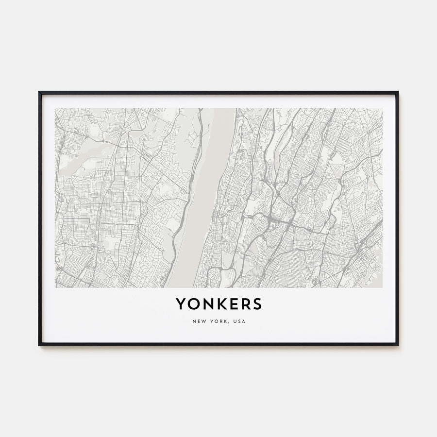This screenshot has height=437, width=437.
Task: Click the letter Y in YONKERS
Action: (180, 304)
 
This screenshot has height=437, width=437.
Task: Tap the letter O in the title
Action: (193, 304)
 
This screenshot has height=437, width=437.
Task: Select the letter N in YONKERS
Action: (207, 304)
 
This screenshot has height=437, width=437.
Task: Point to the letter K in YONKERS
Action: (220, 304)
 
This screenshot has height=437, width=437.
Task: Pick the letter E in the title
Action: (232, 304)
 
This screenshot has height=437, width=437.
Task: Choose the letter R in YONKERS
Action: (244, 304)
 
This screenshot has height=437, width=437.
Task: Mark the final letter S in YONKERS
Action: (256, 304)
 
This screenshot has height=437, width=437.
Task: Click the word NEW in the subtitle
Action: (199, 321)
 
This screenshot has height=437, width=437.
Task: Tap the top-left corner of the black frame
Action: (39, 92)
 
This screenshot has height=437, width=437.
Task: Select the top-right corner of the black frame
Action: (398, 92)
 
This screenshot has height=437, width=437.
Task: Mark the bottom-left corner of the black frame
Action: (39, 345)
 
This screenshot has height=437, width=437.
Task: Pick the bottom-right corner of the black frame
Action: (398, 345)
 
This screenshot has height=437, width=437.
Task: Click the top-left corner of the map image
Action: (55, 108)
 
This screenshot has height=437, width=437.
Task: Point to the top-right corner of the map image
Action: (382, 108)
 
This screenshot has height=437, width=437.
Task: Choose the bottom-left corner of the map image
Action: (55, 287)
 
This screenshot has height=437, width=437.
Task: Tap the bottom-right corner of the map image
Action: (382, 287)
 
